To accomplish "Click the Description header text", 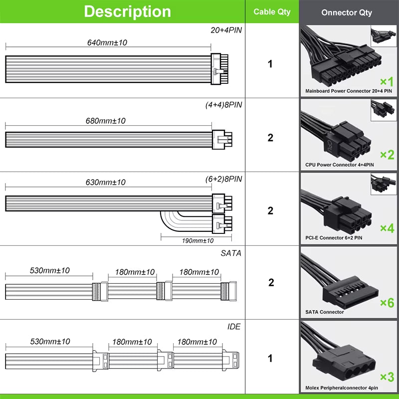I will coord(127,11).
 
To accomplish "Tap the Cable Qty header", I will coord(272,11).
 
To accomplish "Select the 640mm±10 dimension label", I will coord(107,43).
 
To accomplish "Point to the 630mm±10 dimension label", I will coord(105,183).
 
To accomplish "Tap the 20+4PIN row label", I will coord(226,30).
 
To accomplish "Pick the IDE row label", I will coord(233,326).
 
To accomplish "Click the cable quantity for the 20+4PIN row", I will coord(270,64).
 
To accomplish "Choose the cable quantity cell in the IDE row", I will coord(270,358).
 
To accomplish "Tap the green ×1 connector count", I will coord(387,82).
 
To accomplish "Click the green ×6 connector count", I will coord(387,303).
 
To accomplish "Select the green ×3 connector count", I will coord(387,377).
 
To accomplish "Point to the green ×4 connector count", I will coord(387,228).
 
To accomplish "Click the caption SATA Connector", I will coord(325,312).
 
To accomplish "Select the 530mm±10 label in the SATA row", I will coord(49,271).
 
